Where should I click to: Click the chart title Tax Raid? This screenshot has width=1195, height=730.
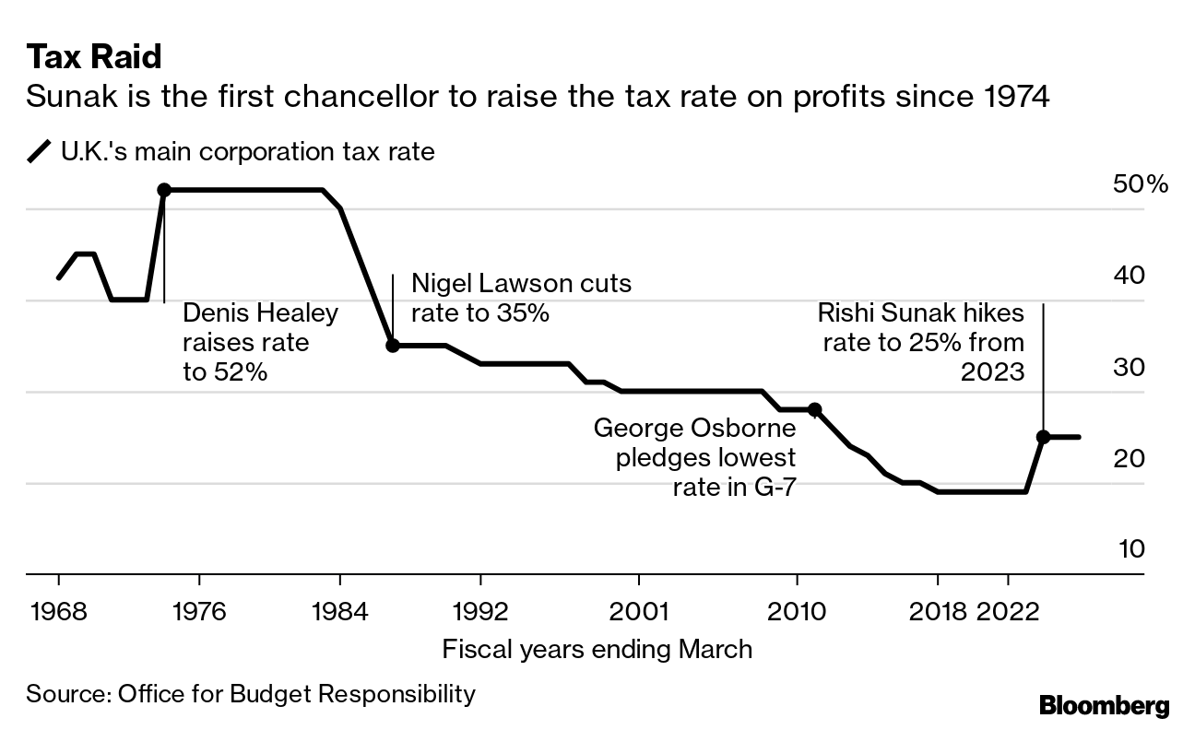(94, 58)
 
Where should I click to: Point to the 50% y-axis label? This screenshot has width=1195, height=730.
(1141, 184)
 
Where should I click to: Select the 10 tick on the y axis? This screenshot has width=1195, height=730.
(1131, 549)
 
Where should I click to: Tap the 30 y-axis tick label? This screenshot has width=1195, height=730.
(1131, 367)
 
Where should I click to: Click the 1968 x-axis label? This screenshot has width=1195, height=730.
(58, 613)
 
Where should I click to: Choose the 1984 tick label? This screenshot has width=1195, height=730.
(339, 613)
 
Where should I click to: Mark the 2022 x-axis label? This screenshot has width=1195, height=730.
(1007, 613)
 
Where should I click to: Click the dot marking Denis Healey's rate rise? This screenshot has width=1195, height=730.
(164, 190)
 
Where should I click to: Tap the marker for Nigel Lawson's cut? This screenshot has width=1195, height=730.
(392, 346)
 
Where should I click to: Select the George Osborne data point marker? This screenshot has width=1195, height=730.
(814, 409)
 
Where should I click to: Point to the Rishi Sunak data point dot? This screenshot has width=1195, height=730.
(1043, 437)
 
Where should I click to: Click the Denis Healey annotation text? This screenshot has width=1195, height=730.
(261, 342)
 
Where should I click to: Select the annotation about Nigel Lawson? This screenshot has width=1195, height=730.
(521, 298)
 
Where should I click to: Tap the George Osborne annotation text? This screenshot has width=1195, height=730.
(694, 457)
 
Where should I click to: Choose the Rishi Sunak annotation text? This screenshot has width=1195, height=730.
(920, 342)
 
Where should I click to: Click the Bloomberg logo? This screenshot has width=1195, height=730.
(1104, 706)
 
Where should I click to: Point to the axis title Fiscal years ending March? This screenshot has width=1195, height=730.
(597, 649)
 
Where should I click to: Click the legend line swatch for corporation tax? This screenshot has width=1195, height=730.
(40, 151)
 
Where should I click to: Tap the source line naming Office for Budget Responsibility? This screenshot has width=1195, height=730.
(251, 693)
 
